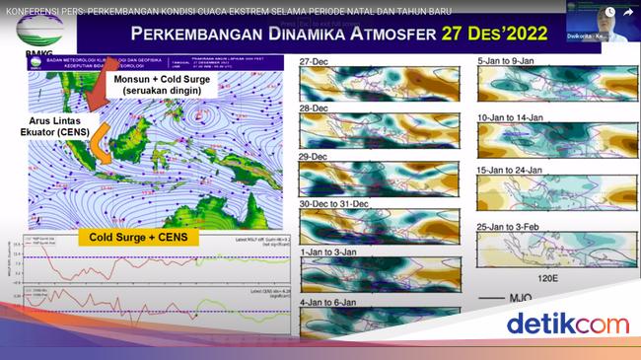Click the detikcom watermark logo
[567, 324]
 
